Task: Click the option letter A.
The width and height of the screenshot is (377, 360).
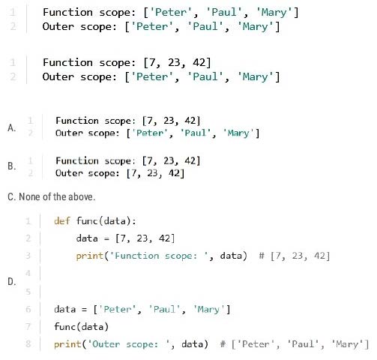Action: click(x=12, y=127)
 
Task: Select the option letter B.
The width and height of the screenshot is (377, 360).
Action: click(x=12, y=166)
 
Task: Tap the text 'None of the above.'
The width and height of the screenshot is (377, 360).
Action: click(x=57, y=196)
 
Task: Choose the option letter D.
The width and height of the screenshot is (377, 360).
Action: click(x=12, y=282)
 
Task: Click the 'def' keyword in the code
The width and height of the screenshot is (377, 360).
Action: click(x=62, y=221)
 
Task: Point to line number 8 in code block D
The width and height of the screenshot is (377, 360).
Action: click(x=28, y=343)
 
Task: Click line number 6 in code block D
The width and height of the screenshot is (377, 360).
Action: click(x=28, y=309)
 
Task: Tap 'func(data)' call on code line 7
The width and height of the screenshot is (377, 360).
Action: click(x=82, y=326)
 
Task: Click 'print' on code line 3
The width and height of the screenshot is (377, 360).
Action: click(x=90, y=256)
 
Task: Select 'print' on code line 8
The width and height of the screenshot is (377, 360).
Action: click(x=67, y=344)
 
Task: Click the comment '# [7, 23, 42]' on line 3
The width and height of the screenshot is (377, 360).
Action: click(x=295, y=256)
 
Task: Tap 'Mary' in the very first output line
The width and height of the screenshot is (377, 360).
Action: click(x=274, y=12)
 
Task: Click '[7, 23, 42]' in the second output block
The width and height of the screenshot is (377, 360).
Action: click(x=177, y=62)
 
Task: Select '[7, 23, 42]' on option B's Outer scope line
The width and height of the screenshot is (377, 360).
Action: click(x=155, y=173)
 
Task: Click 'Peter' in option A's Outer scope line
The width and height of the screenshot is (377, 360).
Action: click(x=149, y=133)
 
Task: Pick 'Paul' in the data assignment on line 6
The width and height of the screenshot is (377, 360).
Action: click(x=164, y=309)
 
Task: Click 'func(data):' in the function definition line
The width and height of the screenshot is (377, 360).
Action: click(x=106, y=221)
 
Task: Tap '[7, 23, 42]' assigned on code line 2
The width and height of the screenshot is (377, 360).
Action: click(x=145, y=238)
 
